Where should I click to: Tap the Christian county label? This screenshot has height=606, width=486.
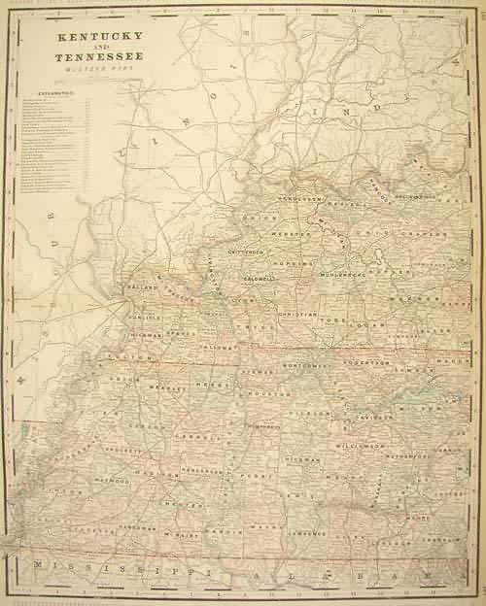click(x=296, y=316)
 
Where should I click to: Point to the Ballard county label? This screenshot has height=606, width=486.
click(x=142, y=288)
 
